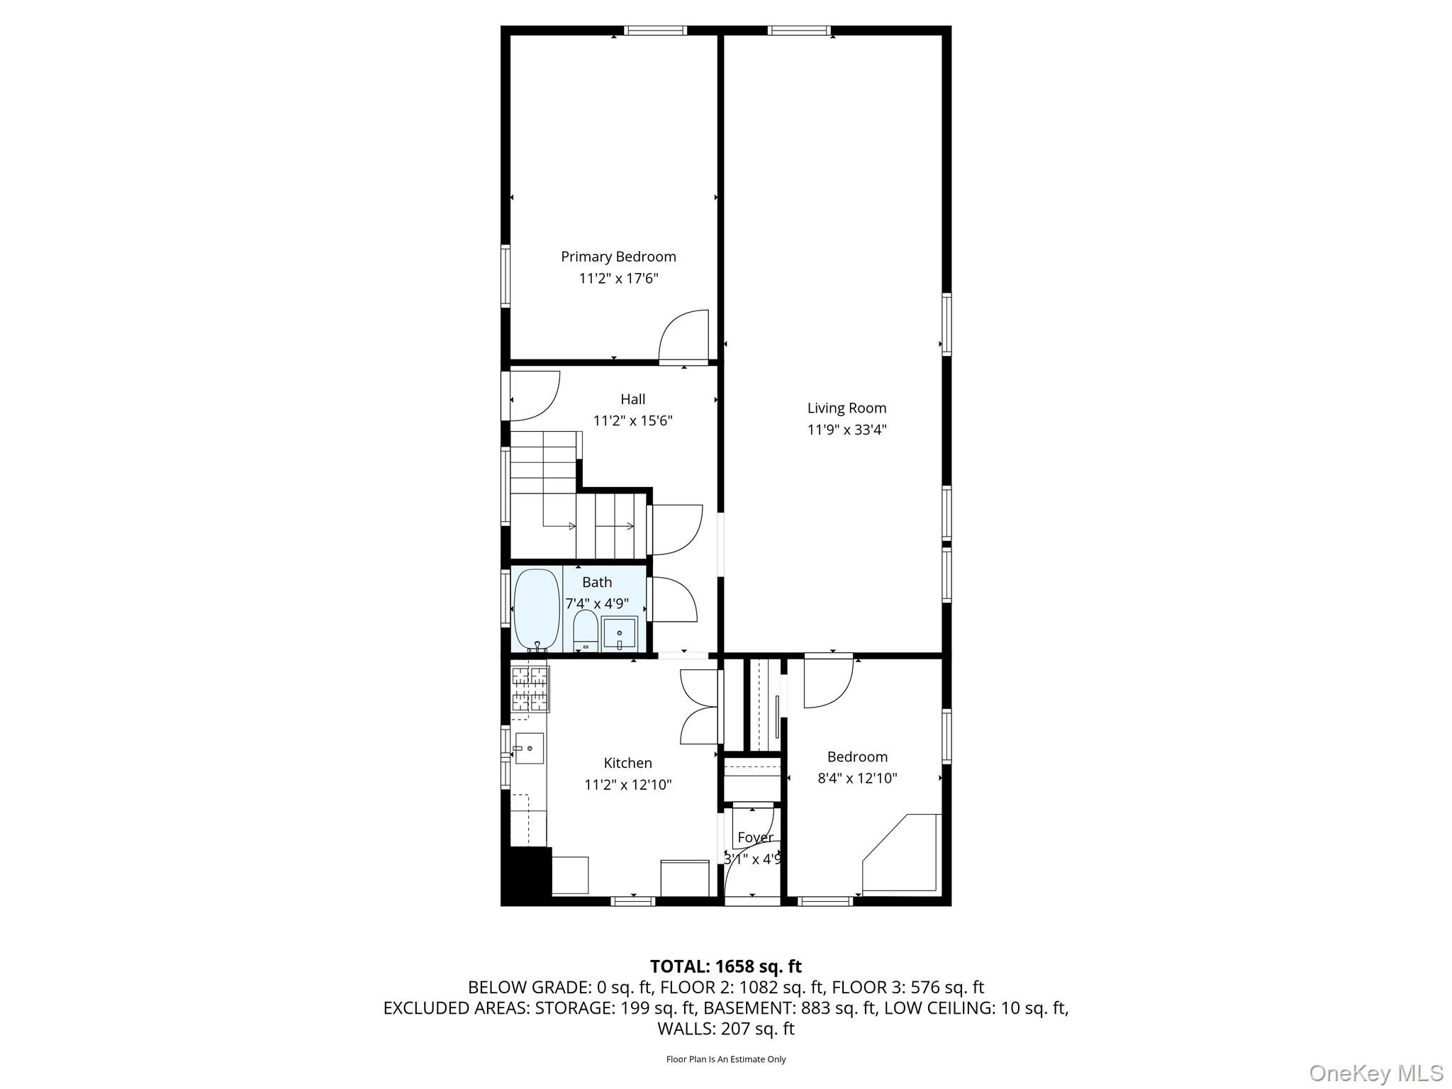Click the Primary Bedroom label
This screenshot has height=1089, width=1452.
click(618, 257)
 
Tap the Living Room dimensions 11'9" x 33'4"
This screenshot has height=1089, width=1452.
click(847, 430)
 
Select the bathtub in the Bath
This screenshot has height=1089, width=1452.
click(537, 610)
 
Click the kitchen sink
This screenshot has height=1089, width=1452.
click(529, 748)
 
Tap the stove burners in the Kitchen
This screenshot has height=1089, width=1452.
click(530, 688)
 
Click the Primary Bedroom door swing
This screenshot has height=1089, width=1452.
click(683, 336)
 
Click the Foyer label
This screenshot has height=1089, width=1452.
click(754, 837)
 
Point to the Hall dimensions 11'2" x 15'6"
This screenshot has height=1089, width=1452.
click(632, 421)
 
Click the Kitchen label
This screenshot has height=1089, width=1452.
click(627, 763)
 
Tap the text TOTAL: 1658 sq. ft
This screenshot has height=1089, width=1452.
click(725, 966)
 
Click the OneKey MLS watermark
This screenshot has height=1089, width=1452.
click(1376, 1073)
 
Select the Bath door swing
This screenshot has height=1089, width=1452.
click(674, 601)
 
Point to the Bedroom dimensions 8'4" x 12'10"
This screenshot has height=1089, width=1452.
click(857, 778)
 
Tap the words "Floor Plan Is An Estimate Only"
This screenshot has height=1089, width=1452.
click(725, 1059)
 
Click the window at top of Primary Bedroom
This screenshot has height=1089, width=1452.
click(655, 30)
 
